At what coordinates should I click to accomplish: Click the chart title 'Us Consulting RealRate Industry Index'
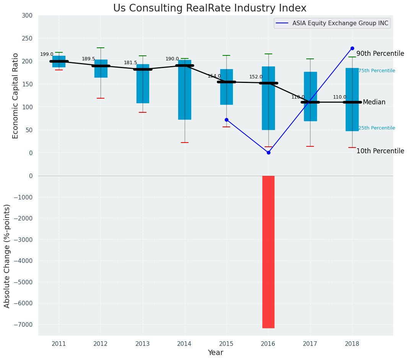[x=210, y=8]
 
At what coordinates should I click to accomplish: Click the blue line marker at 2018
[x=352, y=49]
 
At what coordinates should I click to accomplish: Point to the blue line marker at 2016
[x=268, y=152]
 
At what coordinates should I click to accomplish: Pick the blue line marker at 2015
[x=226, y=120]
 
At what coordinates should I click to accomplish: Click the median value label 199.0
[x=47, y=54]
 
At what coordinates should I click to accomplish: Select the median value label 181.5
[x=130, y=63]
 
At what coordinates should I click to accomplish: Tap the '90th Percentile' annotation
[x=380, y=54]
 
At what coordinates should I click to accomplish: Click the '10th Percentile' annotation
[x=380, y=151]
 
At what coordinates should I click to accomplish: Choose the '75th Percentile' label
[x=377, y=71]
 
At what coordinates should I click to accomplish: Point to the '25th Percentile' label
[x=377, y=128]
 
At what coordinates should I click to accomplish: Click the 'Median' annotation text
[x=374, y=102]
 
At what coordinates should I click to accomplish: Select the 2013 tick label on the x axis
[x=143, y=344]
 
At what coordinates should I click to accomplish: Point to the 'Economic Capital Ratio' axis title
[x=15, y=96]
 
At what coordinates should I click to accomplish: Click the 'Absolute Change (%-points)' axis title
[x=7, y=256]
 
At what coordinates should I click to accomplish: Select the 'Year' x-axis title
[x=216, y=353]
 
